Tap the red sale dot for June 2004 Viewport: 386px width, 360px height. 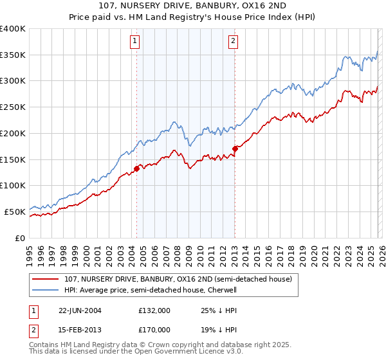136,169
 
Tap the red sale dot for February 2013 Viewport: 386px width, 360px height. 235,149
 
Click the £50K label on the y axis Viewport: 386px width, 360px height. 15,212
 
